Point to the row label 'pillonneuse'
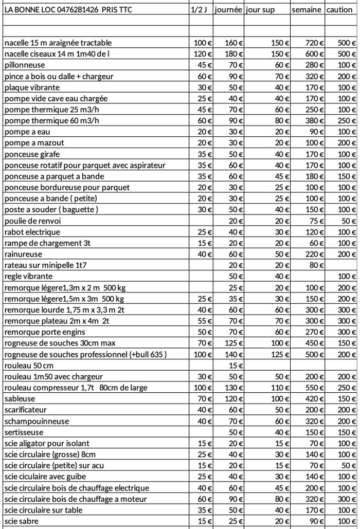(x=24, y=65)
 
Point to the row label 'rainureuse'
(x=23, y=254)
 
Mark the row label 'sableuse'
(x=19, y=399)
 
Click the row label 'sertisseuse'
(x=24, y=432)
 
